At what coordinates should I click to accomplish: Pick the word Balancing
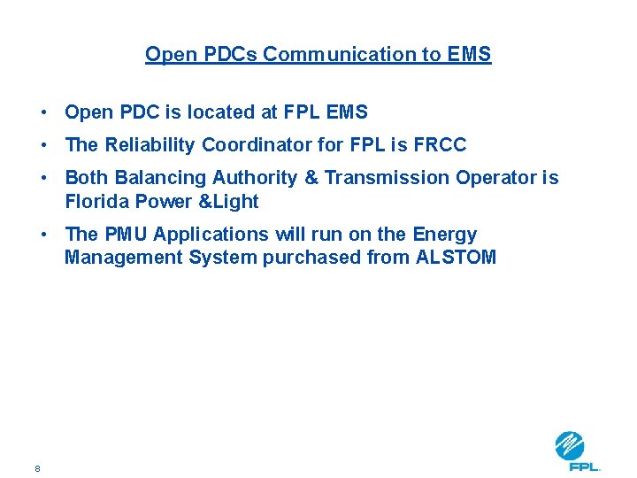tap(161, 177)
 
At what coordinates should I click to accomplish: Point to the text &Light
tap(229, 201)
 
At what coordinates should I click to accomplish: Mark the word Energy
tap(445, 234)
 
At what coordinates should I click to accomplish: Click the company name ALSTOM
tap(456, 258)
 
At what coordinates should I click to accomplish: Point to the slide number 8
tap(37, 468)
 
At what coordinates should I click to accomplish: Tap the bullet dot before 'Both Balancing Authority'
tap(42, 178)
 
